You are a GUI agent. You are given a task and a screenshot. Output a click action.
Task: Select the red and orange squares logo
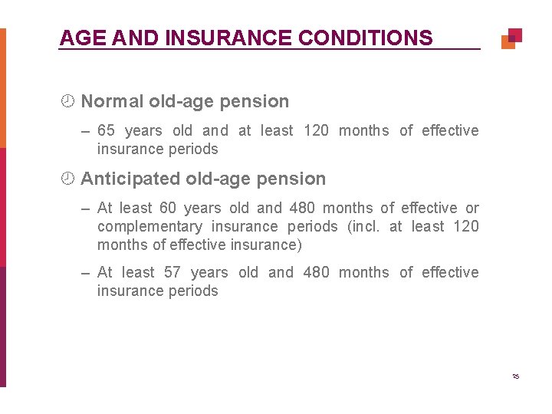[511, 38]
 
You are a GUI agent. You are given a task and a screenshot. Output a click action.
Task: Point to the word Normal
[112, 101]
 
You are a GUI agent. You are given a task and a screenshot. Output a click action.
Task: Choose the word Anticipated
[130, 179]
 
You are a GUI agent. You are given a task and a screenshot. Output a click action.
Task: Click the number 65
[106, 130]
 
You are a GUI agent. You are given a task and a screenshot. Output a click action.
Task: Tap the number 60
[167, 208]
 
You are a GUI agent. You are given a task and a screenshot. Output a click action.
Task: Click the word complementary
[149, 226]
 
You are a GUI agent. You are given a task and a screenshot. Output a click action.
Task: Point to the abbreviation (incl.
[364, 226]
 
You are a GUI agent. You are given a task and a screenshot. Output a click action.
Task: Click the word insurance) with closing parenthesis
[267, 245]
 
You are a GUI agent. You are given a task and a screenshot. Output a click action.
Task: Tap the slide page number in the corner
[515, 376]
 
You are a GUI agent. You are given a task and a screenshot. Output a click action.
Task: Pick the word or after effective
[472, 208]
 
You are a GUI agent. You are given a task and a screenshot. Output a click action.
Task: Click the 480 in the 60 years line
[302, 208]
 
